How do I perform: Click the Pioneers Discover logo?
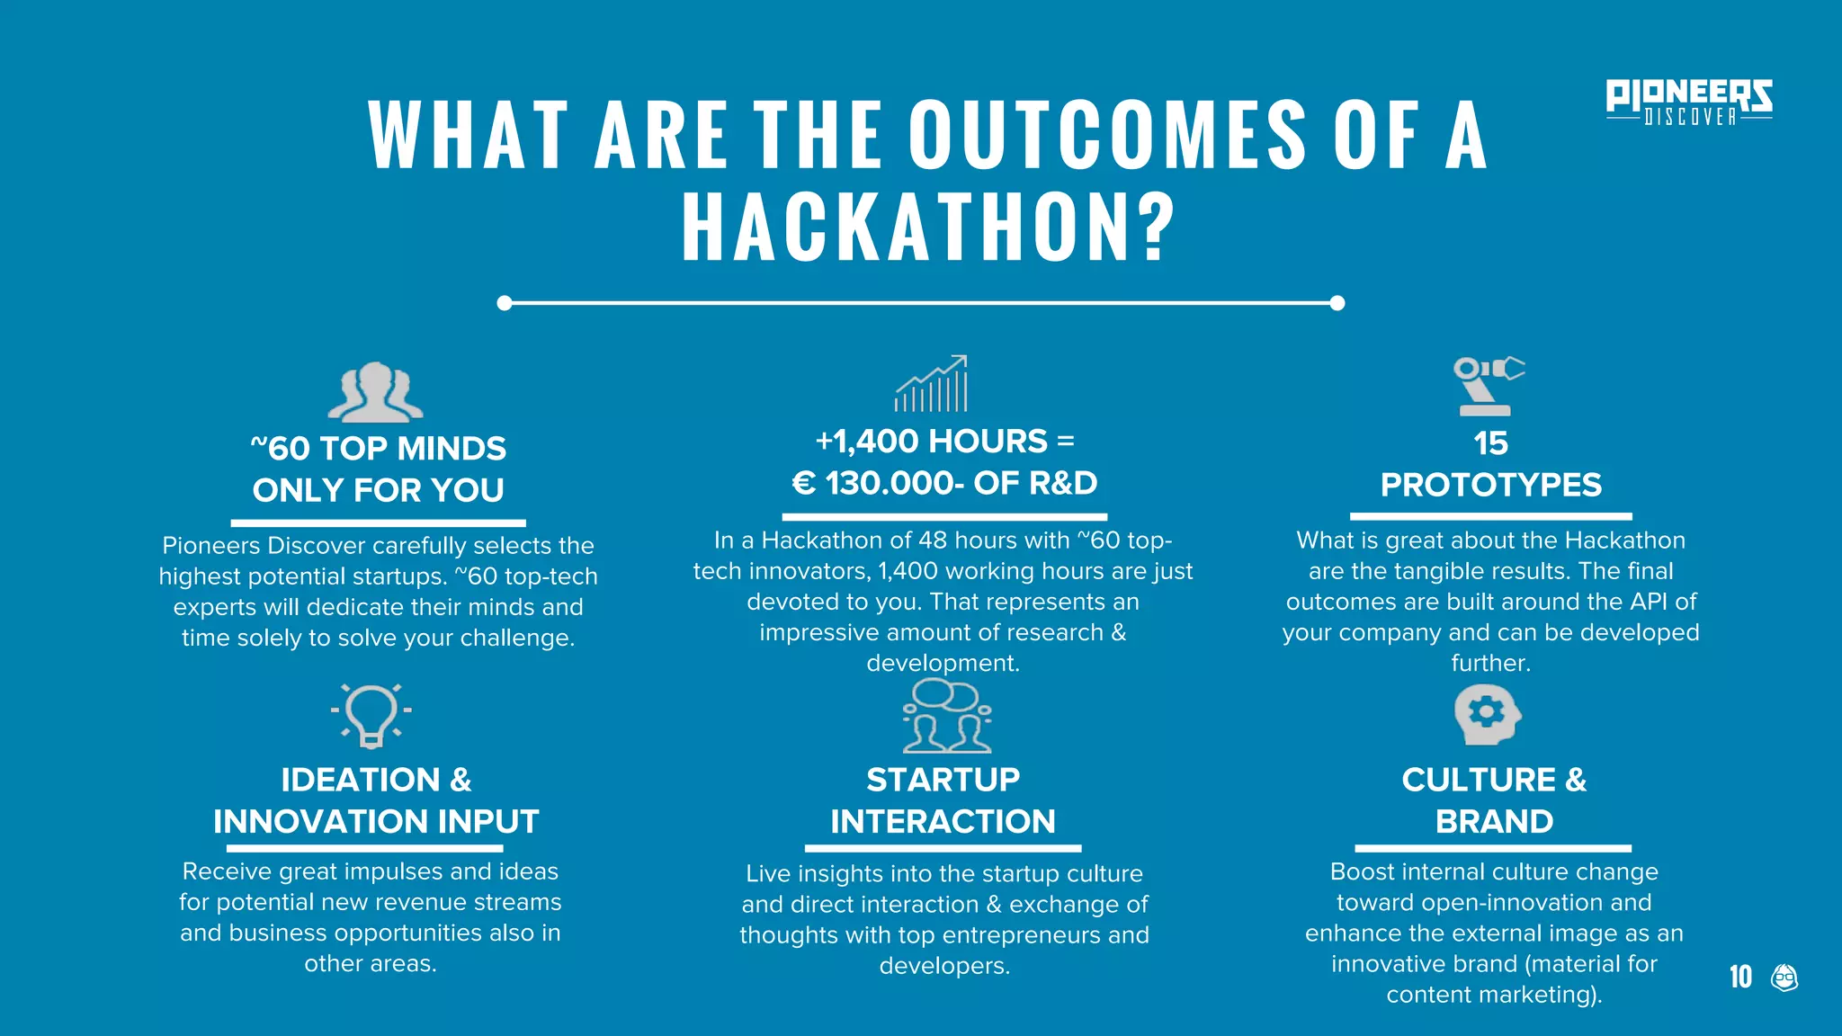(1688, 102)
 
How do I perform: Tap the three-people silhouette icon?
(375, 392)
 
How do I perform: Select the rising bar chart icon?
(932, 384)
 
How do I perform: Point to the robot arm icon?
(1487, 386)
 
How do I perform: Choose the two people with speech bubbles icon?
(946, 717)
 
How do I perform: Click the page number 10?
(1740, 977)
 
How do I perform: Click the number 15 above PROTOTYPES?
(1490, 443)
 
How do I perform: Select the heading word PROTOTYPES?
(1490, 485)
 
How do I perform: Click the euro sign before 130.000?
(803, 484)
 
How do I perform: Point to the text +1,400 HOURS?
(931, 442)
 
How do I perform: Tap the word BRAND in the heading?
(1494, 821)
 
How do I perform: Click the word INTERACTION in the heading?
(943, 821)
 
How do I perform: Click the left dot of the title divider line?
(505, 303)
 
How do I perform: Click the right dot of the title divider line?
(1337, 303)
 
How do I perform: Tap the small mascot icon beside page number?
(1784, 978)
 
